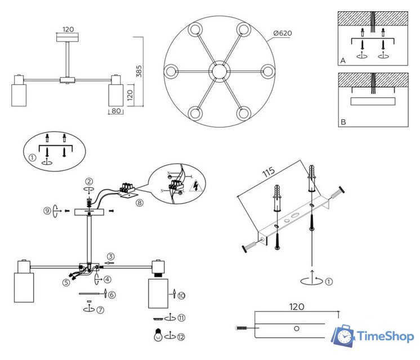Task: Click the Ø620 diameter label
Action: click(282, 33)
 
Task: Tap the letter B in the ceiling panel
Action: click(343, 121)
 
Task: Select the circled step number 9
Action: click(48, 211)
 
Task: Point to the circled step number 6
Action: click(111, 294)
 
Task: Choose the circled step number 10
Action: click(181, 294)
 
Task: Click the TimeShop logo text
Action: click(386, 336)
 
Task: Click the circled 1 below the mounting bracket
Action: click(329, 281)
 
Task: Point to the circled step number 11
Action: click(181, 318)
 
